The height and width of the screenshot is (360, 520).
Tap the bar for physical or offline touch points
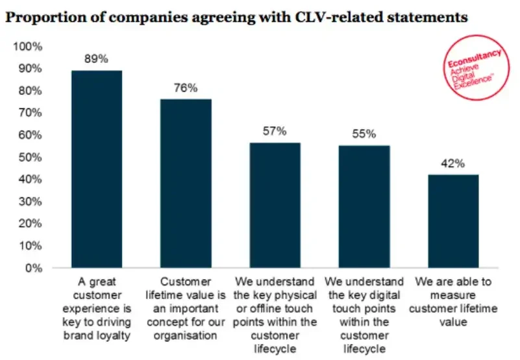coord(275,205)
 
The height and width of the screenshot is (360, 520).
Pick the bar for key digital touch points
coord(364,206)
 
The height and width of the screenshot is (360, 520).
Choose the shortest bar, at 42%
coord(453,221)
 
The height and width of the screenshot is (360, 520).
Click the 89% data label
coord(96,58)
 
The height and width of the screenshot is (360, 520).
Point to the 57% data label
coord(275,131)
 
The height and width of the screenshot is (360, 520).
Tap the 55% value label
coord(364,134)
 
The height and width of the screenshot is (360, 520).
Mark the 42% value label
coord(453,163)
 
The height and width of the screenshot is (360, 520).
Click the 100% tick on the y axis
coord(28,47)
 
